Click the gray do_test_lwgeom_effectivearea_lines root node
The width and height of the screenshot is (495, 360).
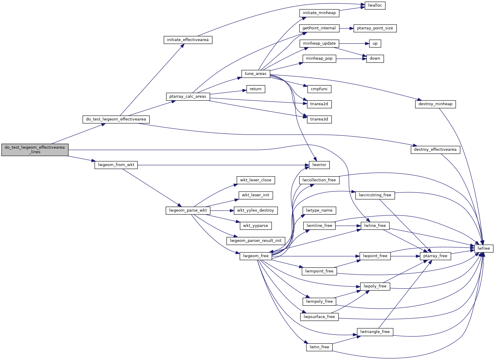tap(35, 150)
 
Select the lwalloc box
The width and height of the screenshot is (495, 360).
tap(375, 5)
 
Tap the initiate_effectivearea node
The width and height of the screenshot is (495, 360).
tap(188, 40)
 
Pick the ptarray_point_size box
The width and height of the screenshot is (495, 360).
tap(375, 28)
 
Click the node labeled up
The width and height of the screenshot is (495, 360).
tap(375, 43)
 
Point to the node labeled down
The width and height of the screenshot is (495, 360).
tap(375, 58)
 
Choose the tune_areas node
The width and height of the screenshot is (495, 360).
tap(255, 74)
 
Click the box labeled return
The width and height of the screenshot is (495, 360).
tap(255, 89)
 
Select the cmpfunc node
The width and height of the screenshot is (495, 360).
tap(319, 89)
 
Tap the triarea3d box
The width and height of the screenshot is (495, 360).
tap(319, 119)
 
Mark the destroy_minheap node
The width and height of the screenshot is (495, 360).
tap(435, 104)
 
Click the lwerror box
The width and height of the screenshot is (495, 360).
tap(319, 165)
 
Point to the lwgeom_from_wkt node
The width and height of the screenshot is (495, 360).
tap(116, 165)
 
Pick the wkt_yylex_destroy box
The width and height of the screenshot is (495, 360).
tap(255, 210)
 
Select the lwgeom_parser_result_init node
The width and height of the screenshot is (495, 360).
tap(255, 241)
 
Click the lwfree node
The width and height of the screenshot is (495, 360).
tap(483, 248)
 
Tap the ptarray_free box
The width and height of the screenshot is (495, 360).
tap(435, 256)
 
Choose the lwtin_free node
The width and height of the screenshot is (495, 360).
tap(319, 347)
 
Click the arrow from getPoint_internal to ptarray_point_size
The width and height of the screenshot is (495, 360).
tap(346, 28)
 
